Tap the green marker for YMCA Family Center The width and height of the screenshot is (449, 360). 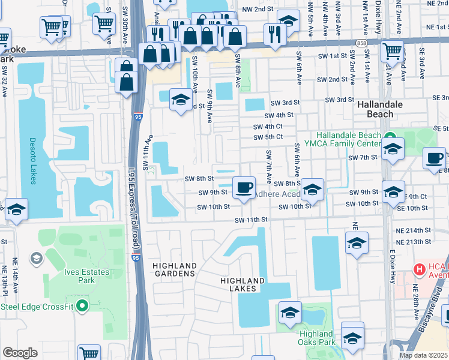point(389,136)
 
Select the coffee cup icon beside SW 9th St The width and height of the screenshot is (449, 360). point(244,188)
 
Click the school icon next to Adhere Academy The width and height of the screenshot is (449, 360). point(312,191)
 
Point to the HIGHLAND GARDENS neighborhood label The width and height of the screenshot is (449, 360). point(174,269)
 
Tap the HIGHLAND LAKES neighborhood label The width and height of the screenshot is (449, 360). point(243,284)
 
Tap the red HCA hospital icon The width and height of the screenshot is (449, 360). point(420,268)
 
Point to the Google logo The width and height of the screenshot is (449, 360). point(20,353)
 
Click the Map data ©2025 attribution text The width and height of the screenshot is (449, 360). point(423,355)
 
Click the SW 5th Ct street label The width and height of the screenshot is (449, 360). point(268,137)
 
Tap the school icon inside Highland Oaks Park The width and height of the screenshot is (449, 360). point(289,314)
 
